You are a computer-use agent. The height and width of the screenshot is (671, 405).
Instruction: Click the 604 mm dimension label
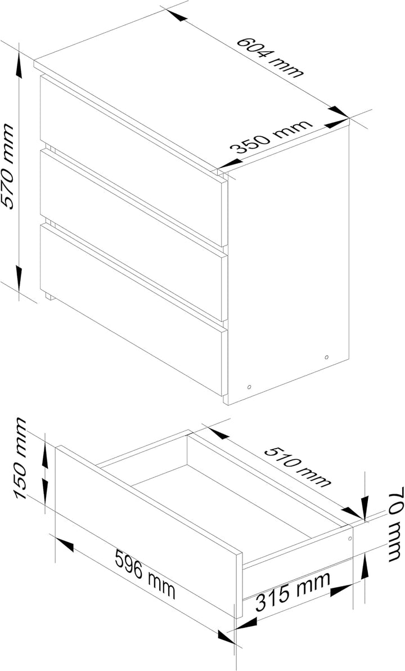(x=270, y=57)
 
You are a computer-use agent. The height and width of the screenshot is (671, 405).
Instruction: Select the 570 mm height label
(x=8, y=166)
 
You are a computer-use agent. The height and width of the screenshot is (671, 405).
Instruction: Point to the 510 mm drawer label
(x=297, y=467)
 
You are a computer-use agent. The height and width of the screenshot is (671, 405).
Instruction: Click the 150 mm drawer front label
(x=21, y=458)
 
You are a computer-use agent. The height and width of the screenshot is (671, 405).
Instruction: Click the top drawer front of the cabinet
(x=133, y=160)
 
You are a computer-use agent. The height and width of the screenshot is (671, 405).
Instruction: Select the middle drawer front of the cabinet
(x=133, y=235)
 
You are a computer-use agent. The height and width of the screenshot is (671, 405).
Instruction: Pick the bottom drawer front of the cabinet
(x=133, y=310)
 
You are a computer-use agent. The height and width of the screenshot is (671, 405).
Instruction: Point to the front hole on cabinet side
(x=249, y=387)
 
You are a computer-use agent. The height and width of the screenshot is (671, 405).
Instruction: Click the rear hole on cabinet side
(x=326, y=357)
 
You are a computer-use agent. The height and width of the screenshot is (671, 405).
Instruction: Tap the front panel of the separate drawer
(x=149, y=531)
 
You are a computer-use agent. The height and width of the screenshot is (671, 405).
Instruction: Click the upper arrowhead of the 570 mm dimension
(x=19, y=67)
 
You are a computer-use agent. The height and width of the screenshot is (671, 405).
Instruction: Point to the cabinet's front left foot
(x=49, y=296)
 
